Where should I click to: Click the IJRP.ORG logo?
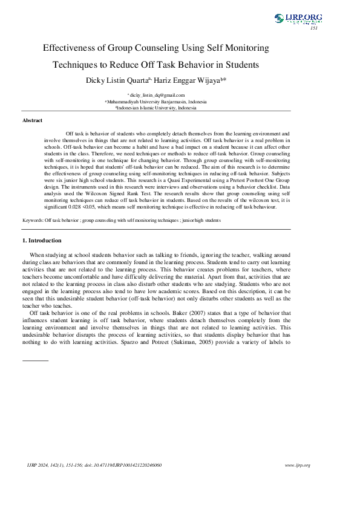point(298,19)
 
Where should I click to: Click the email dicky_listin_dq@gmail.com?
point(157,95)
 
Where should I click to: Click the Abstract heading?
point(32,121)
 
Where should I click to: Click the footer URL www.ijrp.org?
point(298,465)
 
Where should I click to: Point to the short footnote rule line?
point(35,360)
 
